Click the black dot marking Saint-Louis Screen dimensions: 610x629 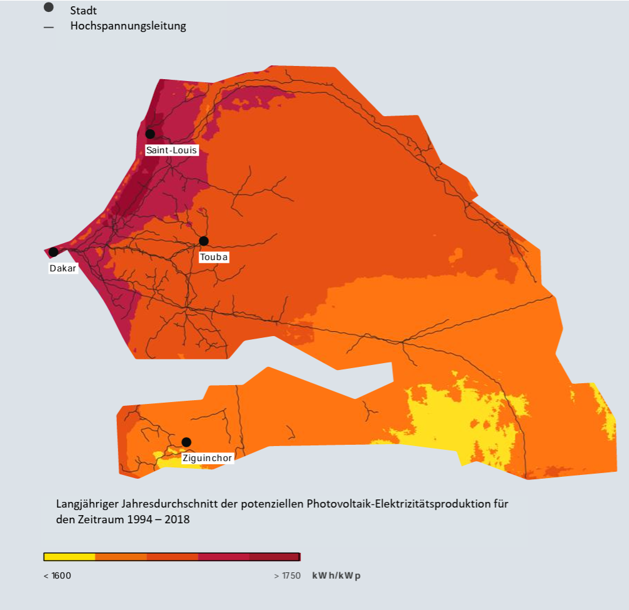point(150,134)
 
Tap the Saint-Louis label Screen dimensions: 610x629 point(172,150)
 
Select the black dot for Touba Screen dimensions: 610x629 point(204,241)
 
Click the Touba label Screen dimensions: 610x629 point(214,257)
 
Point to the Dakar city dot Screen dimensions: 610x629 point(53,252)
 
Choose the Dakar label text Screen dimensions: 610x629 point(63,268)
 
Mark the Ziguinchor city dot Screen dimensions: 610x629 point(186,442)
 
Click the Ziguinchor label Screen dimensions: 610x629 point(207,458)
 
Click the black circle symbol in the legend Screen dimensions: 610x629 point(48,7)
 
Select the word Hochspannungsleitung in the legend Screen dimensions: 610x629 point(128,26)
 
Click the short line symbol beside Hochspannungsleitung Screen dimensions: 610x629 point(48,28)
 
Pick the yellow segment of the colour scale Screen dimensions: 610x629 point(69,557)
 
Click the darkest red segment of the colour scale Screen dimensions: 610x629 point(275,557)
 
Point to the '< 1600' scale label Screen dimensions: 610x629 point(57,575)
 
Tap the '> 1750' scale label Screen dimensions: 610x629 point(287,575)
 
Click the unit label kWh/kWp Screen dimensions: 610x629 point(336,575)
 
